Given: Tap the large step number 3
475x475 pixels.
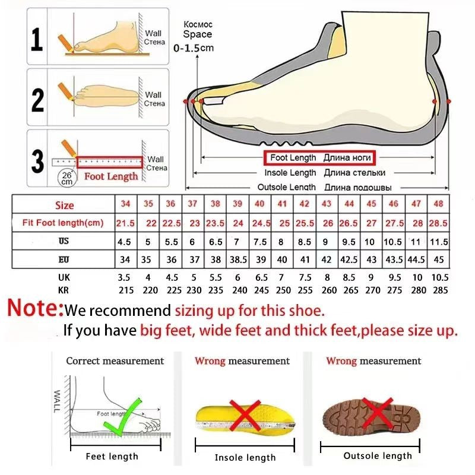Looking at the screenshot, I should click(37, 160).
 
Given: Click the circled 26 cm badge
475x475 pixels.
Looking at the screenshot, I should click(66, 178).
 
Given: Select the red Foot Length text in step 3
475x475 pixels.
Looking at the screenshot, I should click(110, 176).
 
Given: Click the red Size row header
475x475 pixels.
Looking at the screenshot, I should click(64, 205).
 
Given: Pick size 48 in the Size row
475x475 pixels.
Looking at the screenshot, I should click(438, 204).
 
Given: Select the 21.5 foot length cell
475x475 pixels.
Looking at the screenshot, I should click(125, 223).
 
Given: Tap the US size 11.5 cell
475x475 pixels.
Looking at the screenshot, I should click(438, 242).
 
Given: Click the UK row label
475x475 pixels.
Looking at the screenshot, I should click(64, 277).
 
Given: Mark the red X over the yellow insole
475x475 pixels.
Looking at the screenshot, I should click(243, 415).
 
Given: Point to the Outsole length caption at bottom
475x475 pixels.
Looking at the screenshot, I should click(377, 455).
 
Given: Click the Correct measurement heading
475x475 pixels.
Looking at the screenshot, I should click(115, 360).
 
